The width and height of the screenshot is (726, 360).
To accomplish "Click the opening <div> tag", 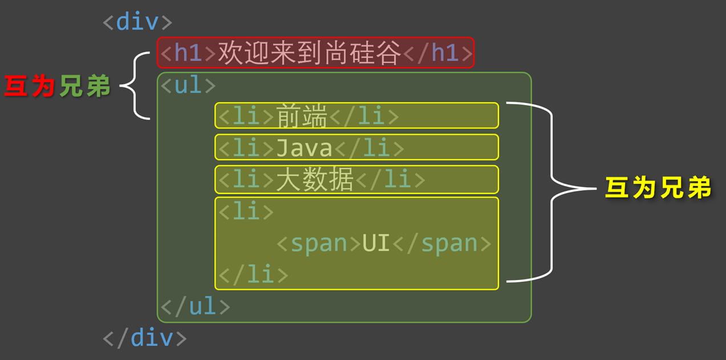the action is [137, 22].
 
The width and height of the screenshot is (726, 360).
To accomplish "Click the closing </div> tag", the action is [144, 338].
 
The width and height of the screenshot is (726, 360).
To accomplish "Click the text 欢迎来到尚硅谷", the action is [310, 52].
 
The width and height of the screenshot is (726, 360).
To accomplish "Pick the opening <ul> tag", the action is [188, 85].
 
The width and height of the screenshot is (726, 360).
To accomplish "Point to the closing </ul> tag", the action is [196, 305].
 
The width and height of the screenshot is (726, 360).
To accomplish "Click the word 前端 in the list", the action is [302, 115].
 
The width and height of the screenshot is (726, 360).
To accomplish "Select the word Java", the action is [305, 148].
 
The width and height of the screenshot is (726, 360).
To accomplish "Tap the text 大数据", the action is [314, 179].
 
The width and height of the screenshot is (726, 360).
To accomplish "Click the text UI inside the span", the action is [376, 242].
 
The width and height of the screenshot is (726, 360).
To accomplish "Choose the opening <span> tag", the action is [319, 244].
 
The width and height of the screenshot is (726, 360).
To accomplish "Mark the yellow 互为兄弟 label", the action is [658, 188].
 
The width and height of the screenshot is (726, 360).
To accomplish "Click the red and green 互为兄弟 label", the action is [57, 86].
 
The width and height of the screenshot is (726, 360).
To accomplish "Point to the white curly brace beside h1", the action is [135, 86].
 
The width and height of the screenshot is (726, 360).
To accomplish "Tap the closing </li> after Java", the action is [370, 148].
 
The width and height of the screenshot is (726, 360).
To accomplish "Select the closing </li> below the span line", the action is [253, 274].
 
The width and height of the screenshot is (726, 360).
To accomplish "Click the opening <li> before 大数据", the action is [246, 179].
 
